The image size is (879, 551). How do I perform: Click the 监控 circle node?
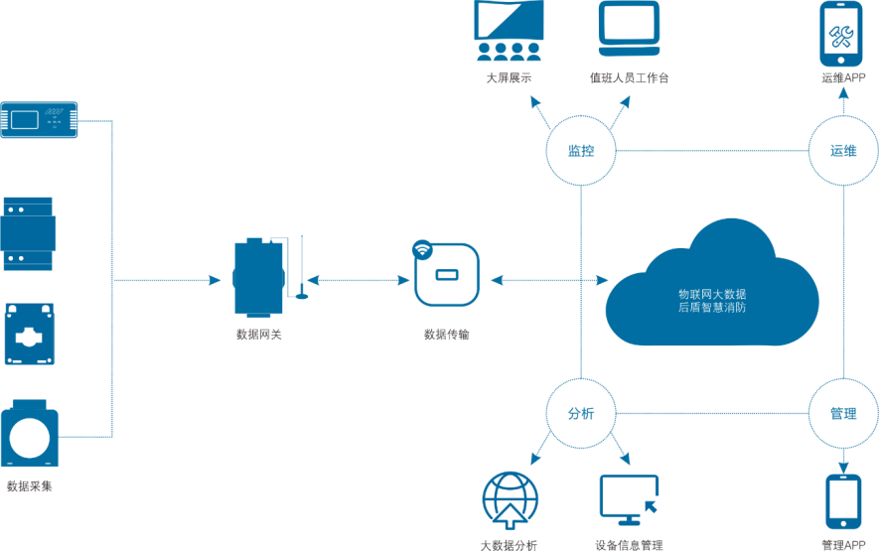(x=581, y=151)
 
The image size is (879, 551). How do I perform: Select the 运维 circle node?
(x=843, y=151)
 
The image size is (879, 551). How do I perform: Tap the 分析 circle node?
(x=581, y=413)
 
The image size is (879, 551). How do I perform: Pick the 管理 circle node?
(x=843, y=413)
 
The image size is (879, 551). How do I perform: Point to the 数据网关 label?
(x=258, y=335)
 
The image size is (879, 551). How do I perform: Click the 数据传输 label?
(x=446, y=335)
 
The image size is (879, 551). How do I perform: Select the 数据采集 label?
(x=29, y=486)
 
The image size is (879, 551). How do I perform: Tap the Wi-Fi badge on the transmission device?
(x=423, y=249)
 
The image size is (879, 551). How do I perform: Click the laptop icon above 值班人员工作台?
(x=629, y=29)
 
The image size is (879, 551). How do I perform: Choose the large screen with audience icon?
(x=509, y=30)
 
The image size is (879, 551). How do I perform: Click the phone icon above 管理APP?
(x=843, y=502)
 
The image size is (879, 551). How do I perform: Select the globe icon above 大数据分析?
(x=510, y=500)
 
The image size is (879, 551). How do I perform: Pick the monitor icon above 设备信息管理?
(x=629, y=499)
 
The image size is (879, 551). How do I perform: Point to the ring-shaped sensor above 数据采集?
(x=29, y=432)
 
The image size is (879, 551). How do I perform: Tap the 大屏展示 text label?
(x=509, y=77)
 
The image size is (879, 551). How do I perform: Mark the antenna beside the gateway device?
(x=302, y=269)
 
